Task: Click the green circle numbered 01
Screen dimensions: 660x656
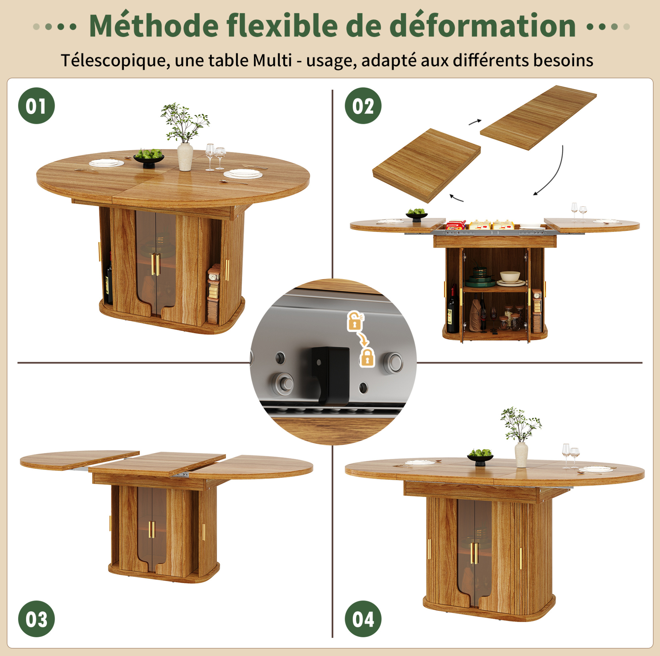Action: [36, 106]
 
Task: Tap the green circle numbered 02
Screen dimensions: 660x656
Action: [363, 106]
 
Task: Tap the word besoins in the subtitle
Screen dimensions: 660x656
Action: [563, 60]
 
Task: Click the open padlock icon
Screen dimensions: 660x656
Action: [355, 321]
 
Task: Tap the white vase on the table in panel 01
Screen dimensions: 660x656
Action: [185, 156]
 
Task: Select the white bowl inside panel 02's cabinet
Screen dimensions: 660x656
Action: [510, 276]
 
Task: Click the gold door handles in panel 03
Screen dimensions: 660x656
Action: [151, 529]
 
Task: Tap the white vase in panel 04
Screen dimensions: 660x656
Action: [521, 455]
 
